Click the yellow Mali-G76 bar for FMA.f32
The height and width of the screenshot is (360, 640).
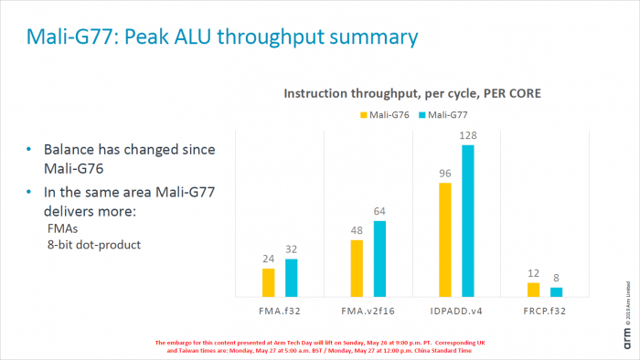point(268,282)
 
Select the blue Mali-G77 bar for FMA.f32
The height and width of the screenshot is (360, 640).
point(291,278)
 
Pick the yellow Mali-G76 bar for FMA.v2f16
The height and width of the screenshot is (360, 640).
point(357,268)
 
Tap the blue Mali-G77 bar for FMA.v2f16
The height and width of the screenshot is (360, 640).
point(379,259)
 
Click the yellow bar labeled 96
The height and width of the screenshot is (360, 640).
point(445,239)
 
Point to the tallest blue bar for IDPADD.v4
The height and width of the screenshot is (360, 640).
point(468,220)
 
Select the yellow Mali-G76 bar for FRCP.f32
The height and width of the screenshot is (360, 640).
point(534,290)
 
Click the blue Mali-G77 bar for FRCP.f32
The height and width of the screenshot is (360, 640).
point(556,292)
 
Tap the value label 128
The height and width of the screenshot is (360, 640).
point(469,136)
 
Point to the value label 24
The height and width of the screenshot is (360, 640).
point(268,259)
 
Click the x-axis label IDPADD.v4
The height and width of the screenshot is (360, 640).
point(457,310)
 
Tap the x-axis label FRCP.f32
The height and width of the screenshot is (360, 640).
point(545,310)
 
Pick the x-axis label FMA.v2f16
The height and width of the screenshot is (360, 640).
point(368,310)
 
